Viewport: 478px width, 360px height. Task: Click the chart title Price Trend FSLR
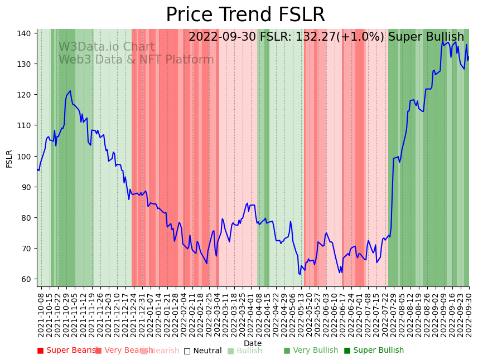[245, 14]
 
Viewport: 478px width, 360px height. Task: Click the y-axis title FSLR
[9, 158]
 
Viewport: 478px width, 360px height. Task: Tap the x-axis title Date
[253, 343]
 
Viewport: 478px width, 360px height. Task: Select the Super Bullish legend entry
[378, 351]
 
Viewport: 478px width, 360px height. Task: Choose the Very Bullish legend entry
[316, 351]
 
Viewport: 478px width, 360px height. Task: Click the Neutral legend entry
[206, 351]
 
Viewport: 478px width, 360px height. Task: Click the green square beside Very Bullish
[287, 351]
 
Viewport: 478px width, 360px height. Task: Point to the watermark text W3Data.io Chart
[107, 47]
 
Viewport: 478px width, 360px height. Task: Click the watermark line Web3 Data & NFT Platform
[136, 60]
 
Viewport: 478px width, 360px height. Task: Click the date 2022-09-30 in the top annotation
[222, 37]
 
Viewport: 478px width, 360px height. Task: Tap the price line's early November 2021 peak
[70, 91]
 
